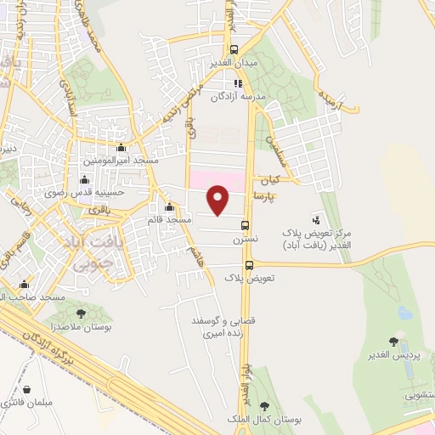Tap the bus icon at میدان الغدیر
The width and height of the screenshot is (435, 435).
tap(235, 49)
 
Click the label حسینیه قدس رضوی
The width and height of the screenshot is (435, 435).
tap(84, 192)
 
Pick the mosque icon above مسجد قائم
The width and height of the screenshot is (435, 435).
tap(168, 207)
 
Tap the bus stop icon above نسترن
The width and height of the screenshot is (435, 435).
tap(246, 226)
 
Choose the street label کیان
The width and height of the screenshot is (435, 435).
tap(271, 180)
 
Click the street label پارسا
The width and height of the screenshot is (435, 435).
tap(267, 196)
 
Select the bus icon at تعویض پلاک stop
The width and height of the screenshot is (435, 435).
tap(249, 265)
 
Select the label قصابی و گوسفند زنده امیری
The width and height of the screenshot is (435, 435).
tap(218, 327)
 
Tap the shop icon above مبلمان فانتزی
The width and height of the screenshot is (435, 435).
tap(27, 389)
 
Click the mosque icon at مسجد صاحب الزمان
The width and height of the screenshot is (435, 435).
tap(23, 285)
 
